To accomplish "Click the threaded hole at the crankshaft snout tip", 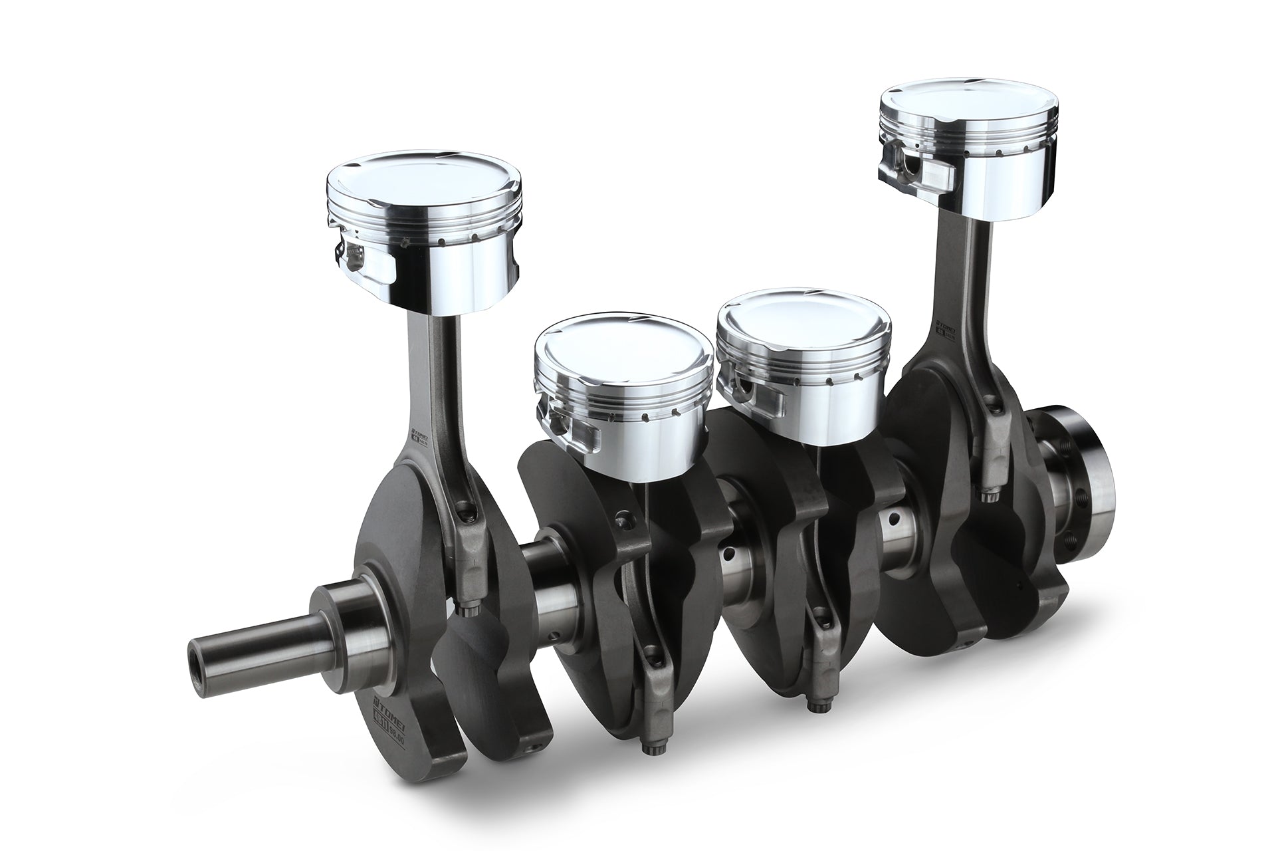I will coord(197,652).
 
